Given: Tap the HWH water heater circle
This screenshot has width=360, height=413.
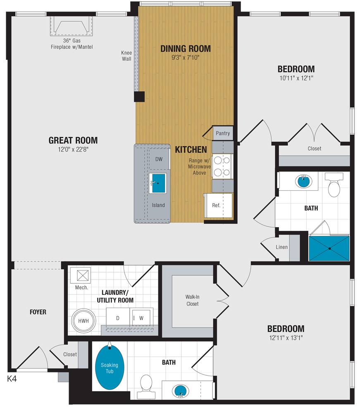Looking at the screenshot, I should (84, 320).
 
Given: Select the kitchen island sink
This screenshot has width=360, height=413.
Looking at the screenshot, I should (157, 183).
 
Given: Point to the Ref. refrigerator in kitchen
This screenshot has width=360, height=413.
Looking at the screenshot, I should (217, 205).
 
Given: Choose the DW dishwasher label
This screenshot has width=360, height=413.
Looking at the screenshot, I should (159, 159).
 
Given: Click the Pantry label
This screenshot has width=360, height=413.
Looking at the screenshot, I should (223, 133).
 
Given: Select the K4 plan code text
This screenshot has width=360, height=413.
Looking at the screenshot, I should (12, 378).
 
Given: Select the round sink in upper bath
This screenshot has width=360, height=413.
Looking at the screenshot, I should (304, 181).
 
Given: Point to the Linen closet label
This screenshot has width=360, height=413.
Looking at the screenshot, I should (282, 247).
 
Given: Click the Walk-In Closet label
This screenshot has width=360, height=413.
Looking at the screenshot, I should (192, 300).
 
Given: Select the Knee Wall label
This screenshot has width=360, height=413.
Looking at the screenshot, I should (126, 56).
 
